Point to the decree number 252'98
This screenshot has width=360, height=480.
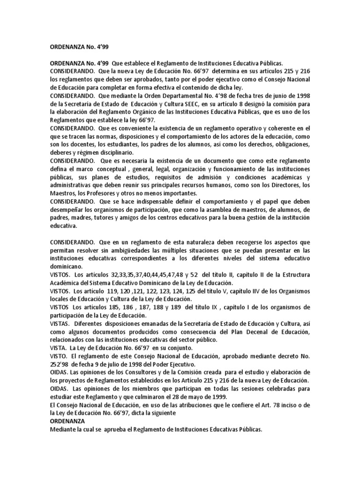pyautogui.click(x=59, y=364)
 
